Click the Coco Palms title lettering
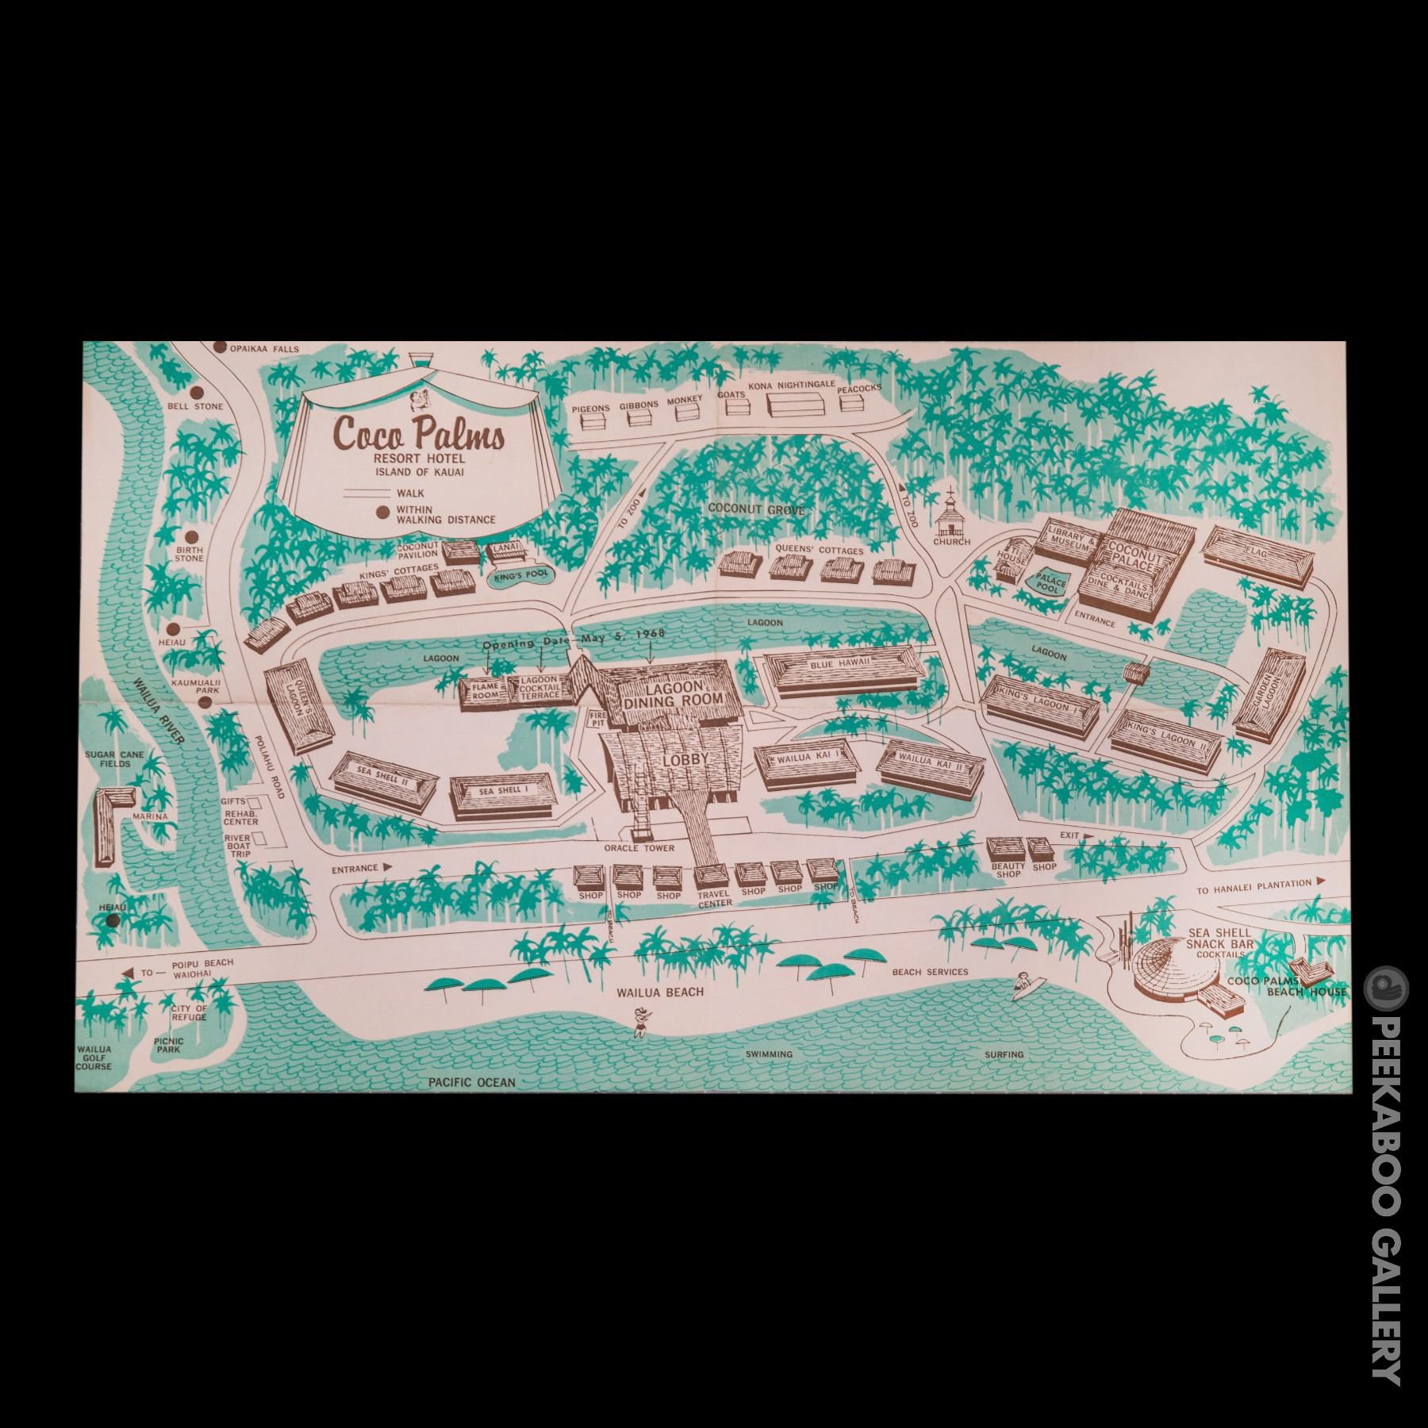pos(419,436)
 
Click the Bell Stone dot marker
pos(194,390)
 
